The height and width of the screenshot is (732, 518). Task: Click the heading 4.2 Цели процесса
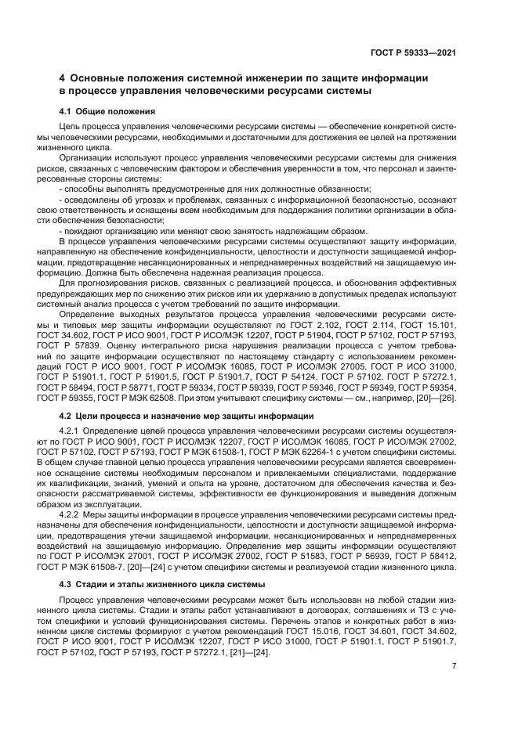[187, 415]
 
